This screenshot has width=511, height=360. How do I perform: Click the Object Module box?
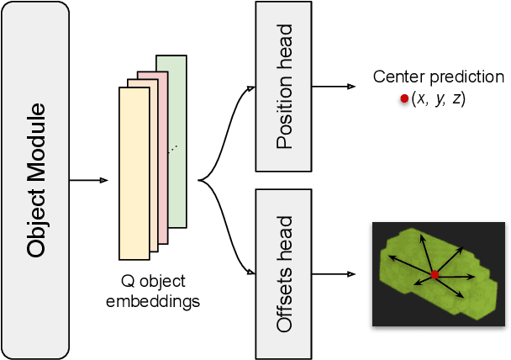point(35,180)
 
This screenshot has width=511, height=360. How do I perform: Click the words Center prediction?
point(438,77)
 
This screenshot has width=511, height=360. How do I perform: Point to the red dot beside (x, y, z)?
point(404,99)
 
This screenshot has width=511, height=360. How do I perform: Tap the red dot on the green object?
point(435,275)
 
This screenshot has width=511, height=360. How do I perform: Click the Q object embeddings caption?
point(153,290)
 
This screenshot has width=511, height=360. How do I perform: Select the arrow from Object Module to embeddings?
point(88,180)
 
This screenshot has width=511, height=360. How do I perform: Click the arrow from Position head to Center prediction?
point(334,87)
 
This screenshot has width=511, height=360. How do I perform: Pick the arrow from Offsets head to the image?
point(334,274)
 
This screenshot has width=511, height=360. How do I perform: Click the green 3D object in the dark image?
point(412,252)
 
